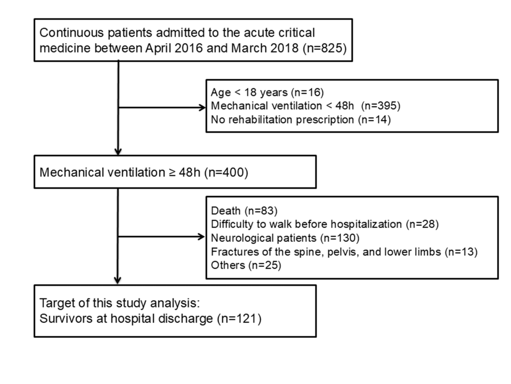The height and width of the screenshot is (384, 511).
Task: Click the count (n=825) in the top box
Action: click(324, 48)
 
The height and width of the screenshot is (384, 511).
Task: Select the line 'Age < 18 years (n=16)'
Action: click(267, 92)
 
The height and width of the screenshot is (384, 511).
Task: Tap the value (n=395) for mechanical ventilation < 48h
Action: click(380, 106)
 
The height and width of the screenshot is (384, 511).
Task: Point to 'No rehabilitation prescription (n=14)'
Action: click(301, 120)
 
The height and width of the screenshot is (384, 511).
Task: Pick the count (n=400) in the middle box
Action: click(226, 172)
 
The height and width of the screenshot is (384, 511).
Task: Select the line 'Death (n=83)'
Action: click(244, 211)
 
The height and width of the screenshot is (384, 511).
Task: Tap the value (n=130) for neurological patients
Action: click(339, 238)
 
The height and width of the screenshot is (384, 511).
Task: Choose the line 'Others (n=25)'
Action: click(246, 265)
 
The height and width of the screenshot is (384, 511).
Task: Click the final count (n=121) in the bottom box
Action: click(239, 319)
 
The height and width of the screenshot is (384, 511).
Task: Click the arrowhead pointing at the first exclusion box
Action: click(203, 107)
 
